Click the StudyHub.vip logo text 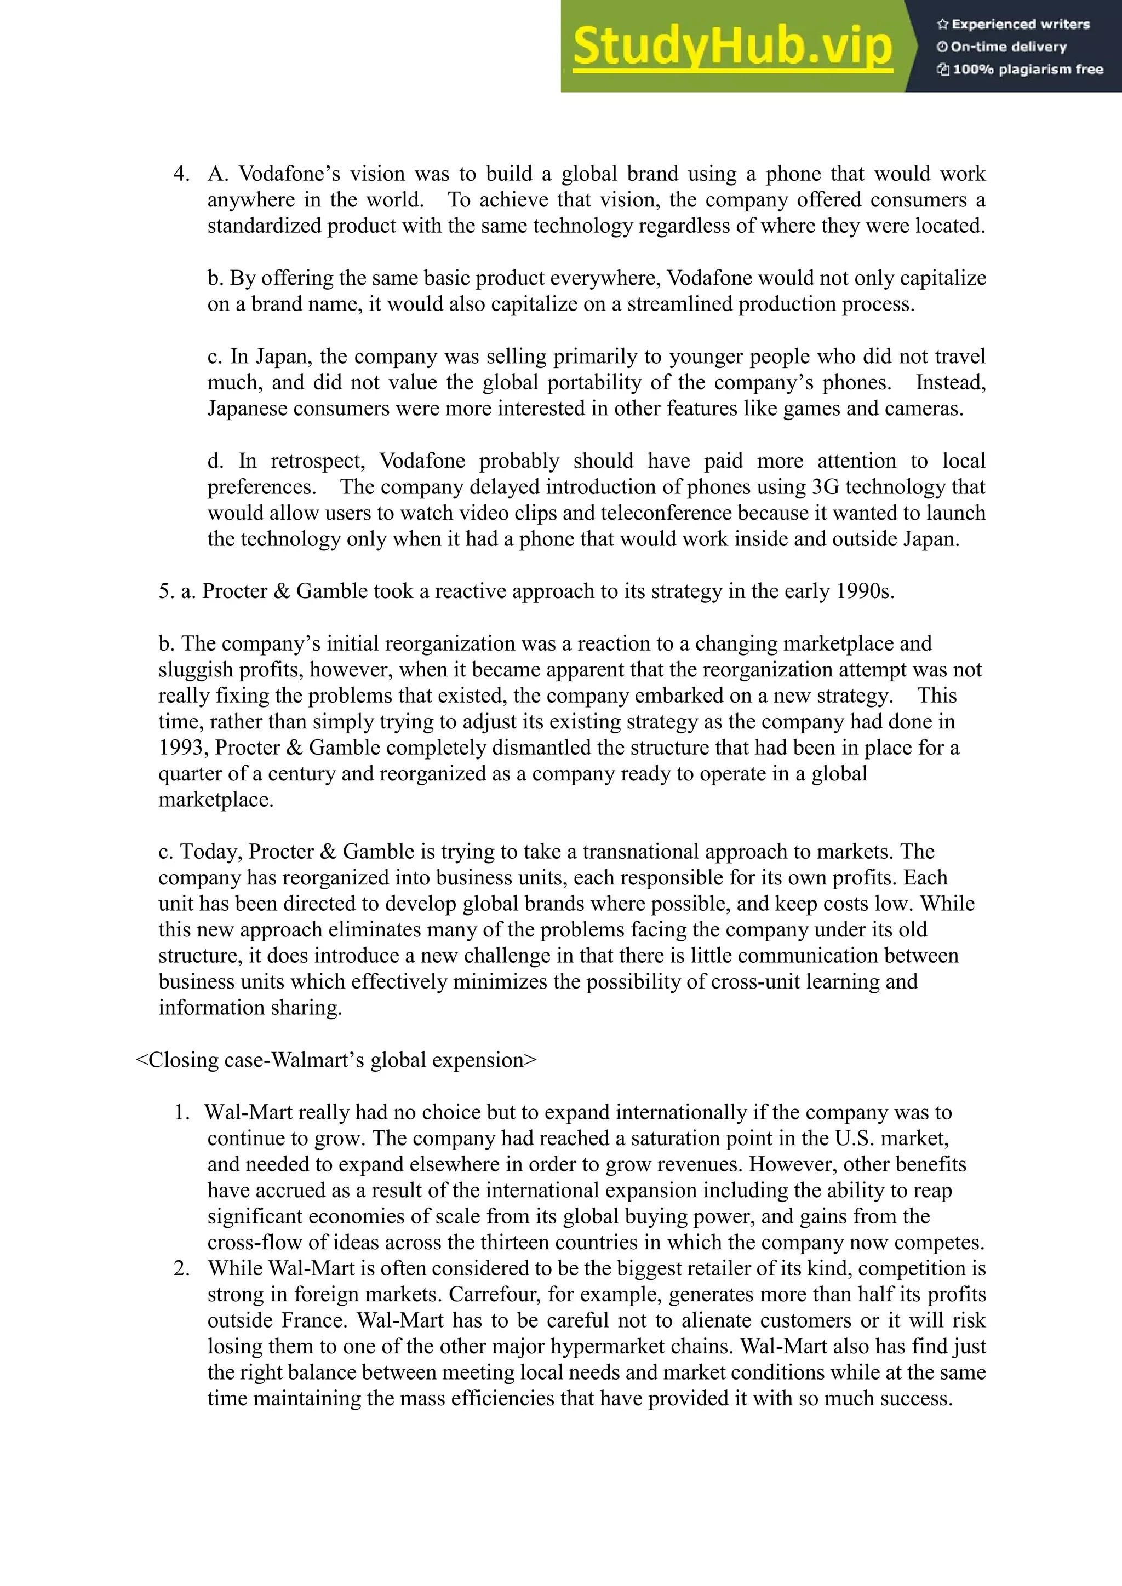click(732, 47)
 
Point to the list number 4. click(181, 174)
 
